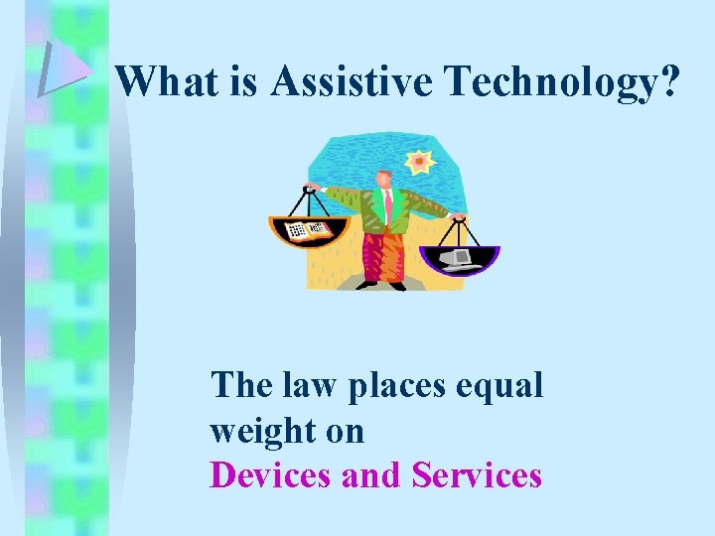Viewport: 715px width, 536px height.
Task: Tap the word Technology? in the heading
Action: (565, 83)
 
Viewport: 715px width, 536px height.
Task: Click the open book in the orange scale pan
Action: (307, 231)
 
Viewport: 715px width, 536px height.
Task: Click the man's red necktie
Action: (387, 205)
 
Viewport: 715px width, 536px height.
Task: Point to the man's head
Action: (383, 179)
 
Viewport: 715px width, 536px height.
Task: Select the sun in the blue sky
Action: (419, 162)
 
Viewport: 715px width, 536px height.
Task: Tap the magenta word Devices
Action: (272, 475)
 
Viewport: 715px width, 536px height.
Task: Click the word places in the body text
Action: (395, 386)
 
